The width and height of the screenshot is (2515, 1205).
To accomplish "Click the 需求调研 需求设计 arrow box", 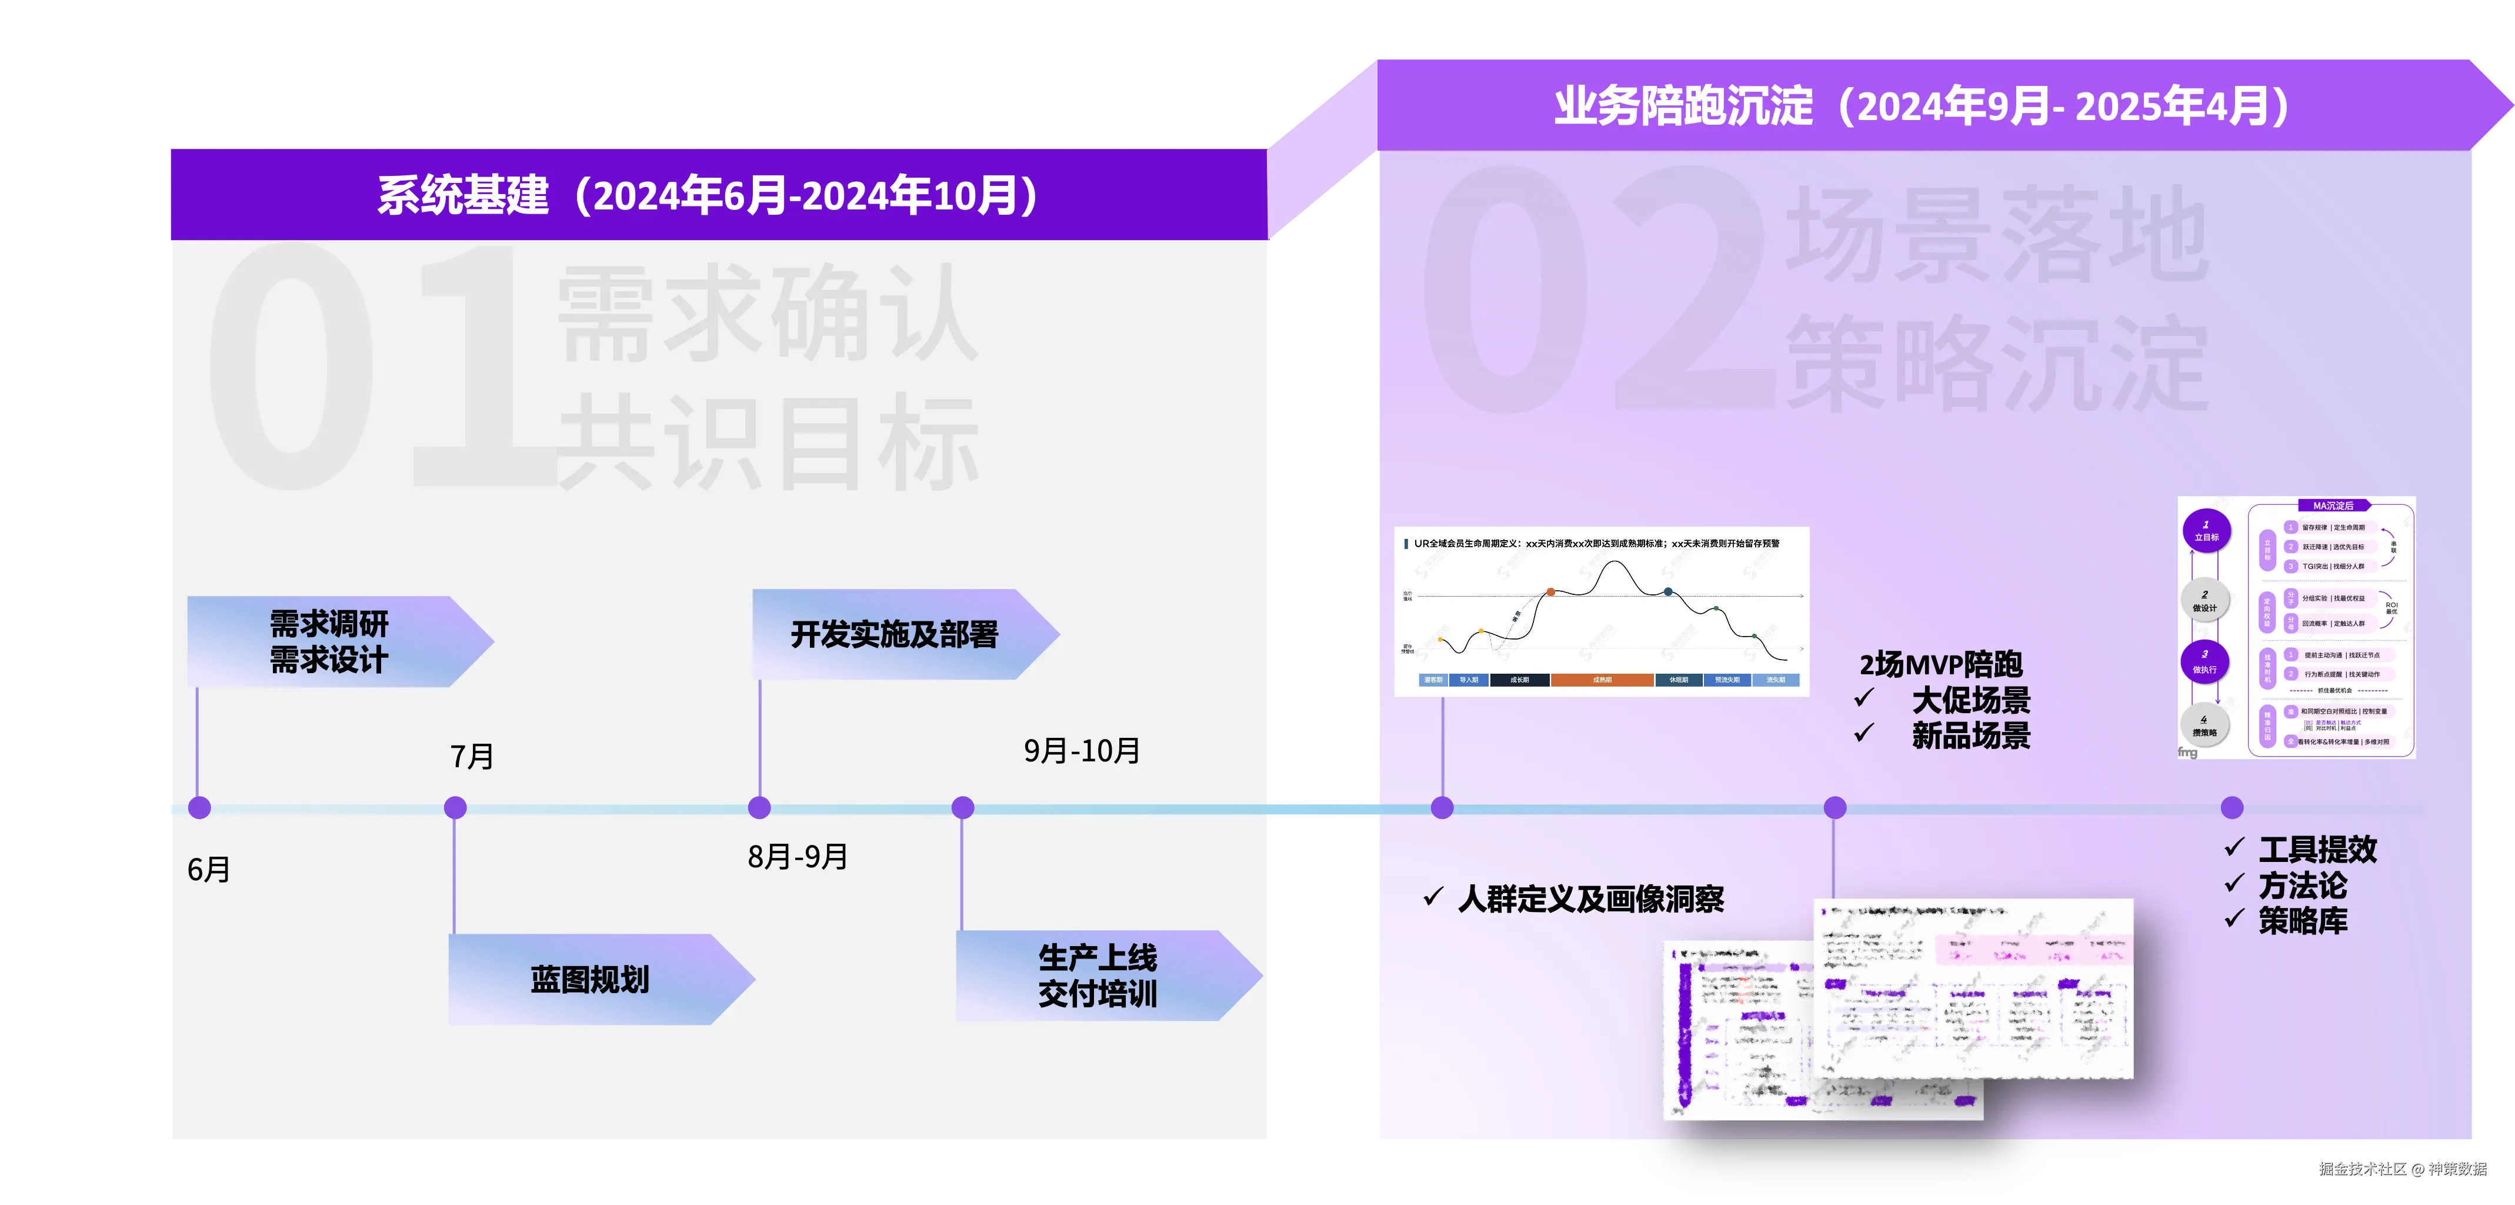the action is [330, 641].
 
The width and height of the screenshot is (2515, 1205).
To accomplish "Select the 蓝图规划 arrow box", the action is [590, 980].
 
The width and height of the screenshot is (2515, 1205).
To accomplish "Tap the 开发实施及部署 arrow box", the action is [895, 635].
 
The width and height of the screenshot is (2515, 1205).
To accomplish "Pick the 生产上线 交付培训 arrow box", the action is [1098, 976].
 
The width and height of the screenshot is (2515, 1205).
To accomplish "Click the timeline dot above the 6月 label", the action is [199, 808].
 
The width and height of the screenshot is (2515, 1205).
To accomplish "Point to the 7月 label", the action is [472, 756].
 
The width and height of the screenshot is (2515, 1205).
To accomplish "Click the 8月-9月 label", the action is [798, 857].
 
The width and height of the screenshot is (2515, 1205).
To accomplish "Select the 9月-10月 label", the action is [1082, 750].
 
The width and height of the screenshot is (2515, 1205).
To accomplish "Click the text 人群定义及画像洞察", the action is [1590, 898].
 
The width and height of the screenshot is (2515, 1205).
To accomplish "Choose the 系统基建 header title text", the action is [707, 195].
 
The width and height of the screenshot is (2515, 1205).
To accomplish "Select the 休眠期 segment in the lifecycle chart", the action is [1678, 680].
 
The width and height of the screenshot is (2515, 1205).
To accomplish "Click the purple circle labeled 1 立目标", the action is [2206, 531].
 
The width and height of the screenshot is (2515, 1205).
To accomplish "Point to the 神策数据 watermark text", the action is [2457, 1168].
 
